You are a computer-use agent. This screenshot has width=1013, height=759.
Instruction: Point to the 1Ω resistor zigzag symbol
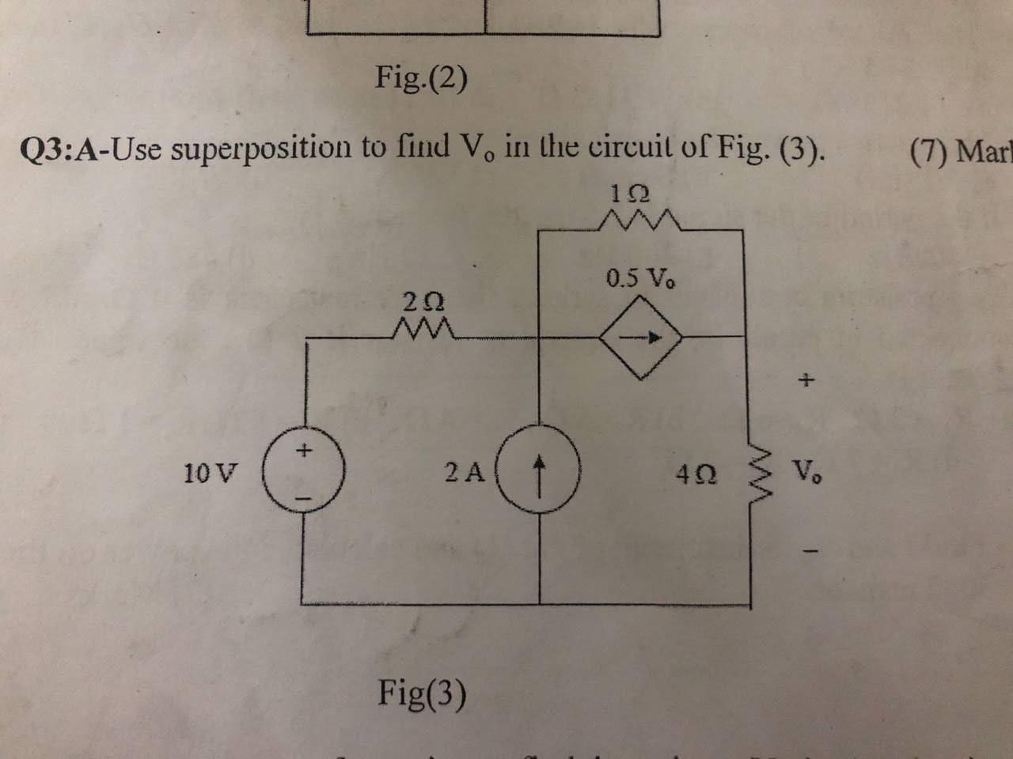(x=640, y=221)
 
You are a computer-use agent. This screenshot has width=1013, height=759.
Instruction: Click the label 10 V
(x=210, y=474)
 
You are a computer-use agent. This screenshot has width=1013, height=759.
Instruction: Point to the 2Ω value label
(x=423, y=301)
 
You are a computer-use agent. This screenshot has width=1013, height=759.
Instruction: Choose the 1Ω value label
(x=631, y=193)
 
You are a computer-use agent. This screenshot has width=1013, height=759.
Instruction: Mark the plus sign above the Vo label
(x=806, y=381)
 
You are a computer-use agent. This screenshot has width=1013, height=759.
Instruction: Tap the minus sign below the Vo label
(x=806, y=552)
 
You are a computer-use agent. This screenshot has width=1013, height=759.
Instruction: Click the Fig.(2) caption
(x=421, y=77)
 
